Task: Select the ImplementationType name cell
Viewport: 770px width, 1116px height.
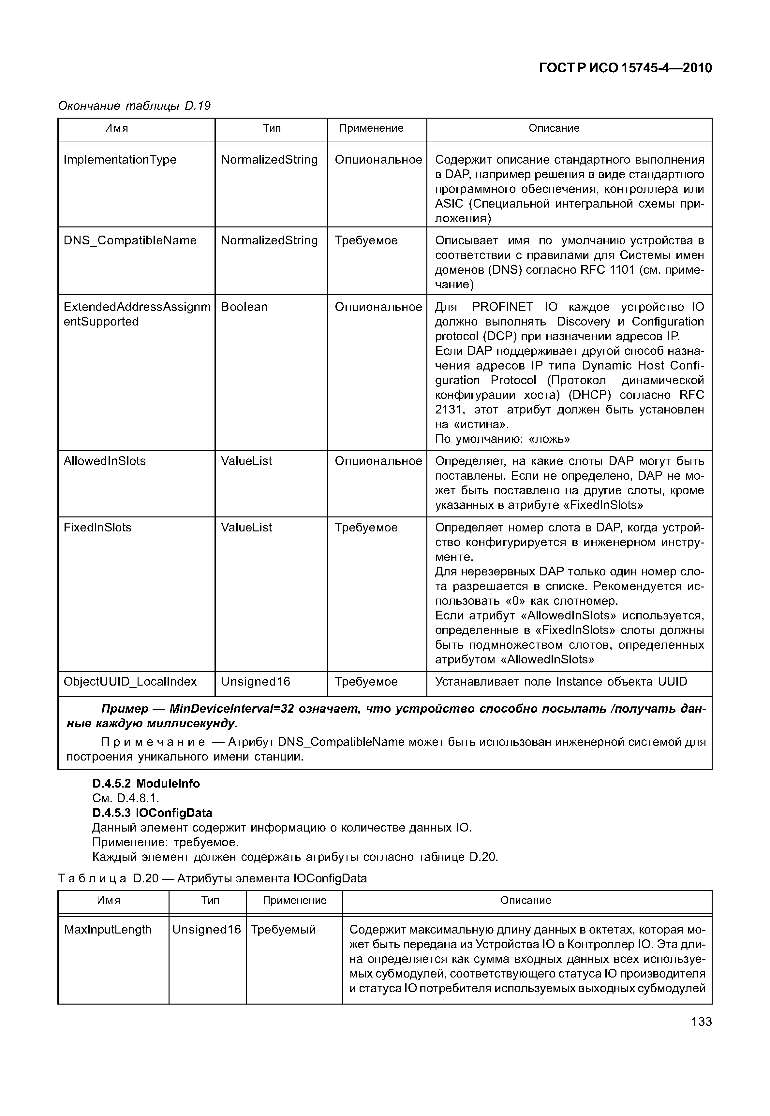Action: [120, 160]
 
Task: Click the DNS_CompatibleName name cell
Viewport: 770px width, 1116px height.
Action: [130, 240]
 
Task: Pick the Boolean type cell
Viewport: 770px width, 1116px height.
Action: [244, 307]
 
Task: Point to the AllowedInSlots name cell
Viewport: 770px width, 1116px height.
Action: [105, 461]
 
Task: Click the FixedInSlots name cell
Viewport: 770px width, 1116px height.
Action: [97, 527]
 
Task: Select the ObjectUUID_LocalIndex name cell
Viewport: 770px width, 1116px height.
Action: [130, 681]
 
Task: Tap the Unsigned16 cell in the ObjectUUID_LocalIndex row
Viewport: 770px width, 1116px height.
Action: [256, 681]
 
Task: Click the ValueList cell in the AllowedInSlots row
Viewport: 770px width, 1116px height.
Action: [246, 461]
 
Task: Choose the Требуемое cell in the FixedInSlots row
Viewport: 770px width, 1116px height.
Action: [366, 527]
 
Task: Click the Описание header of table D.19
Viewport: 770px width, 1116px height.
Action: [554, 128]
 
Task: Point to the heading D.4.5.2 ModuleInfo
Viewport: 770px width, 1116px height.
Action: [146, 784]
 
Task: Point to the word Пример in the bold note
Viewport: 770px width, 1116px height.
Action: [125, 709]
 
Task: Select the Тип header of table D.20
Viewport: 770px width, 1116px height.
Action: [210, 900]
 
